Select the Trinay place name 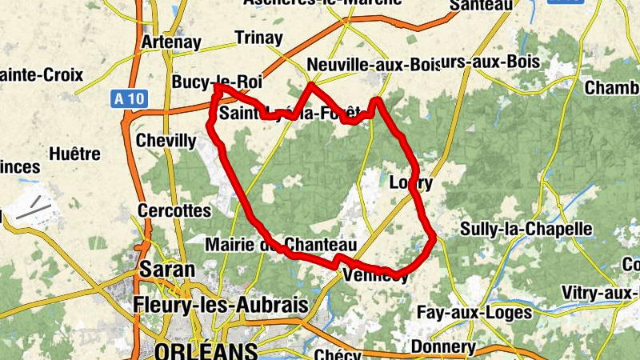coord(258,38)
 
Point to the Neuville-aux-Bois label coord(374,64)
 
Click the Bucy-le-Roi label coord(217,82)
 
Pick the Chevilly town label coord(166,141)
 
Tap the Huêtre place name coord(74,154)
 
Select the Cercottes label coord(174,211)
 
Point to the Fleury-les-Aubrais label coord(221,306)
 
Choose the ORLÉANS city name coord(206,351)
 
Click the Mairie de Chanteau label coord(280,244)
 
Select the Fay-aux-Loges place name coord(474,313)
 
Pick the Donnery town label coord(442,347)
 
